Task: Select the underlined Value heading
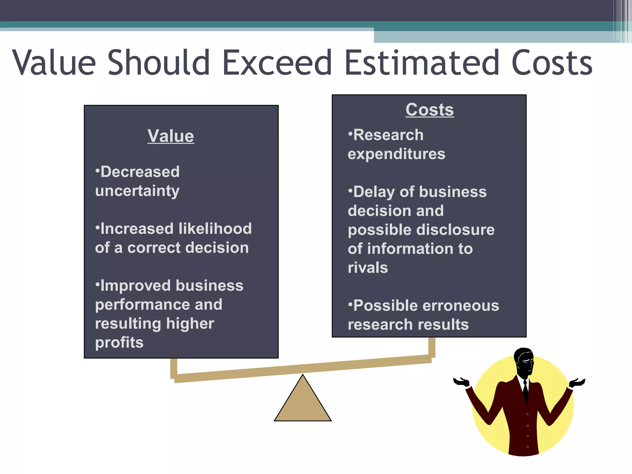[171, 136]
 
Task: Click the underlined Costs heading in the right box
[430, 110]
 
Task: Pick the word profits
[119, 343]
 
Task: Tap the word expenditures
[397, 154]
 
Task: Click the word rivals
[368, 268]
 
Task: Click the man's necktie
[525, 390]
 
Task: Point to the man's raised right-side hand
[577, 383]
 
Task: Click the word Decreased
[140, 172]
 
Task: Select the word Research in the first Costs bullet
[388, 135]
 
